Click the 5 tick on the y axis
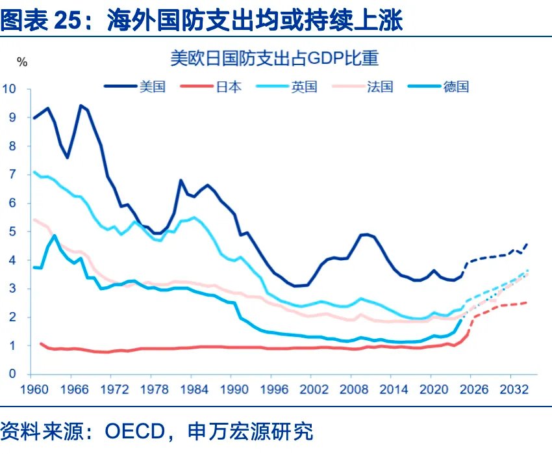(13, 232)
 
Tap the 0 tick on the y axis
(13, 375)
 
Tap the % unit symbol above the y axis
(22, 62)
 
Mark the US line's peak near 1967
(81, 105)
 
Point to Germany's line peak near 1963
(54, 235)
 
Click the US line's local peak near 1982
(181, 180)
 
